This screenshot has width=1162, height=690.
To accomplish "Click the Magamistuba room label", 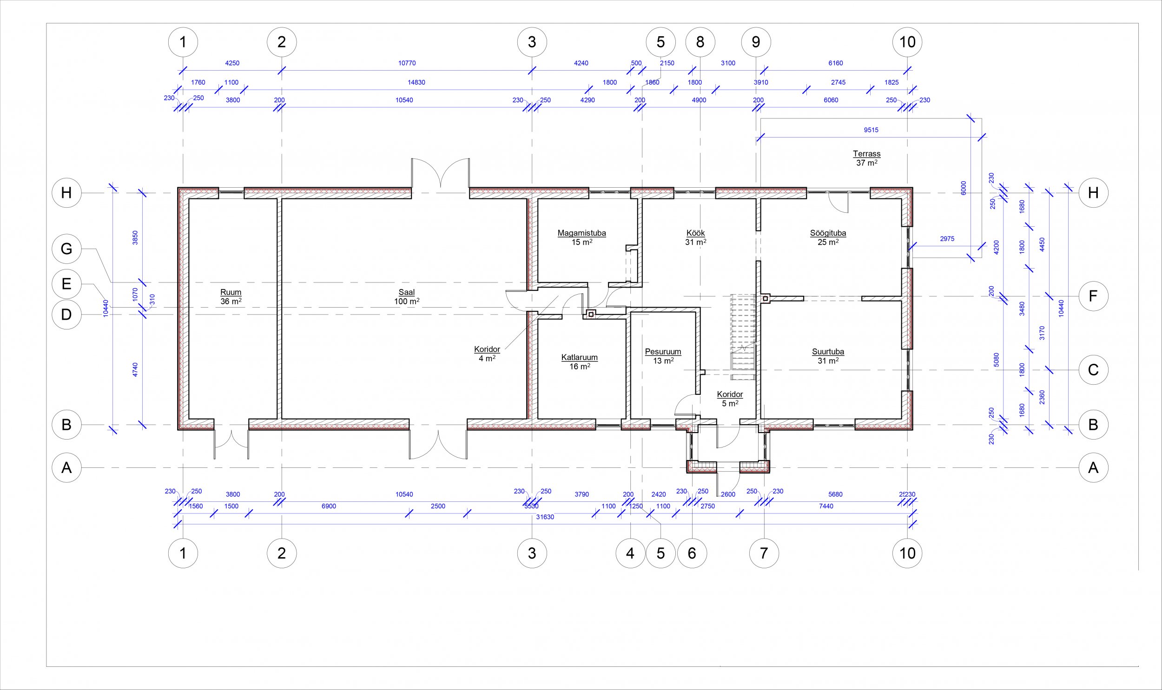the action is pyautogui.click(x=582, y=233).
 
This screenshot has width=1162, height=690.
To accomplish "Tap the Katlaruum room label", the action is pyautogui.click(x=579, y=358).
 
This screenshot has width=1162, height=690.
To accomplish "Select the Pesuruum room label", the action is pyautogui.click(x=663, y=352).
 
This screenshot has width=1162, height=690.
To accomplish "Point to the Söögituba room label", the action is pyautogui.click(x=828, y=233).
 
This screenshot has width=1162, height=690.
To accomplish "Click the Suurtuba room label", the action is pyautogui.click(x=828, y=352).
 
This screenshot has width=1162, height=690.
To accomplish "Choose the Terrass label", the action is pyautogui.click(x=867, y=154).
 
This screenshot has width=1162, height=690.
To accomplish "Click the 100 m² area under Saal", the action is pyautogui.click(x=407, y=301).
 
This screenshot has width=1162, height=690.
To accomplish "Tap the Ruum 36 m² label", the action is pyautogui.click(x=231, y=296).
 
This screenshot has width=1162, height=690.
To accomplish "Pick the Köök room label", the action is pyautogui.click(x=696, y=233).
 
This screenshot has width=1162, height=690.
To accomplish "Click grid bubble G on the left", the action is pyautogui.click(x=66, y=249).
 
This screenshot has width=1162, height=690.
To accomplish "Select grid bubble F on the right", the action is pyautogui.click(x=1093, y=296).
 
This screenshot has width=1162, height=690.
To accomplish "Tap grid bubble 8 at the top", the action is pyautogui.click(x=700, y=42).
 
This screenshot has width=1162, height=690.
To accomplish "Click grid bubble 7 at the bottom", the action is pyautogui.click(x=764, y=553).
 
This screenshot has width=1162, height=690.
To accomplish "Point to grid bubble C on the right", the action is pyautogui.click(x=1093, y=370).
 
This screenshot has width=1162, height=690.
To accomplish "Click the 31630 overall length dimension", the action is pyautogui.click(x=545, y=517).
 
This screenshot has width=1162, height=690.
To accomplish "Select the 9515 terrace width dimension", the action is pyautogui.click(x=871, y=130).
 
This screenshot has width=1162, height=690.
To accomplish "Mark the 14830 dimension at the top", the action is pyautogui.click(x=416, y=82).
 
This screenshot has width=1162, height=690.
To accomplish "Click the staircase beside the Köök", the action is pyautogui.click(x=743, y=337).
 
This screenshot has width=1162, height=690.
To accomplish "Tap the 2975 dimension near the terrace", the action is pyautogui.click(x=947, y=239).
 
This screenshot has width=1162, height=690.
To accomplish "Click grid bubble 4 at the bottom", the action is pyautogui.click(x=630, y=553).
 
